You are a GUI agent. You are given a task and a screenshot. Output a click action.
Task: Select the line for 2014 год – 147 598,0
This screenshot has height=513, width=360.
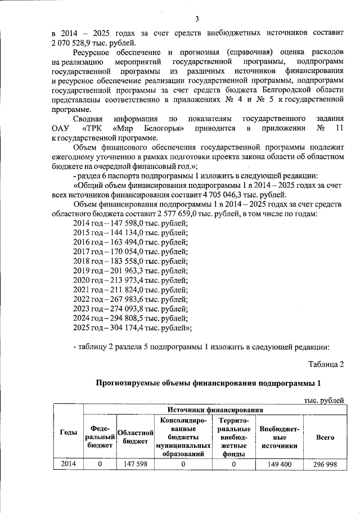click(x=130, y=224)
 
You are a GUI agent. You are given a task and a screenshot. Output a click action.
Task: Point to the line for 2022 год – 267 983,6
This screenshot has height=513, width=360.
click(x=130, y=299)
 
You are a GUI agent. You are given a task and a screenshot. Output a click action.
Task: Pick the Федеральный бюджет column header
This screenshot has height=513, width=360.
click(x=100, y=436)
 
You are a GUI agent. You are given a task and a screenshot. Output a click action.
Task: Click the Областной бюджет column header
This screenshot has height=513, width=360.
click(x=135, y=436)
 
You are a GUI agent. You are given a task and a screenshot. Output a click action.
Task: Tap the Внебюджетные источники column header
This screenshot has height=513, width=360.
click(x=279, y=437)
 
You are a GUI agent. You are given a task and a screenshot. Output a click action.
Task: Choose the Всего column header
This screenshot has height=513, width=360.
click(x=325, y=437)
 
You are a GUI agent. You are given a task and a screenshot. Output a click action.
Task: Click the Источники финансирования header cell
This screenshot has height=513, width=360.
click(x=214, y=411)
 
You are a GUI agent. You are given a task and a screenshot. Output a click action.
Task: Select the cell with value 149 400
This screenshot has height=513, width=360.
click(x=279, y=464)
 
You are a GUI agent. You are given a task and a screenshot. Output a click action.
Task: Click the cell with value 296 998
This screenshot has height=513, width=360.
click(x=325, y=464)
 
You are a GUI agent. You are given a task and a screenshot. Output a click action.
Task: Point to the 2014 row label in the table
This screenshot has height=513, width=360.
click(x=69, y=464)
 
